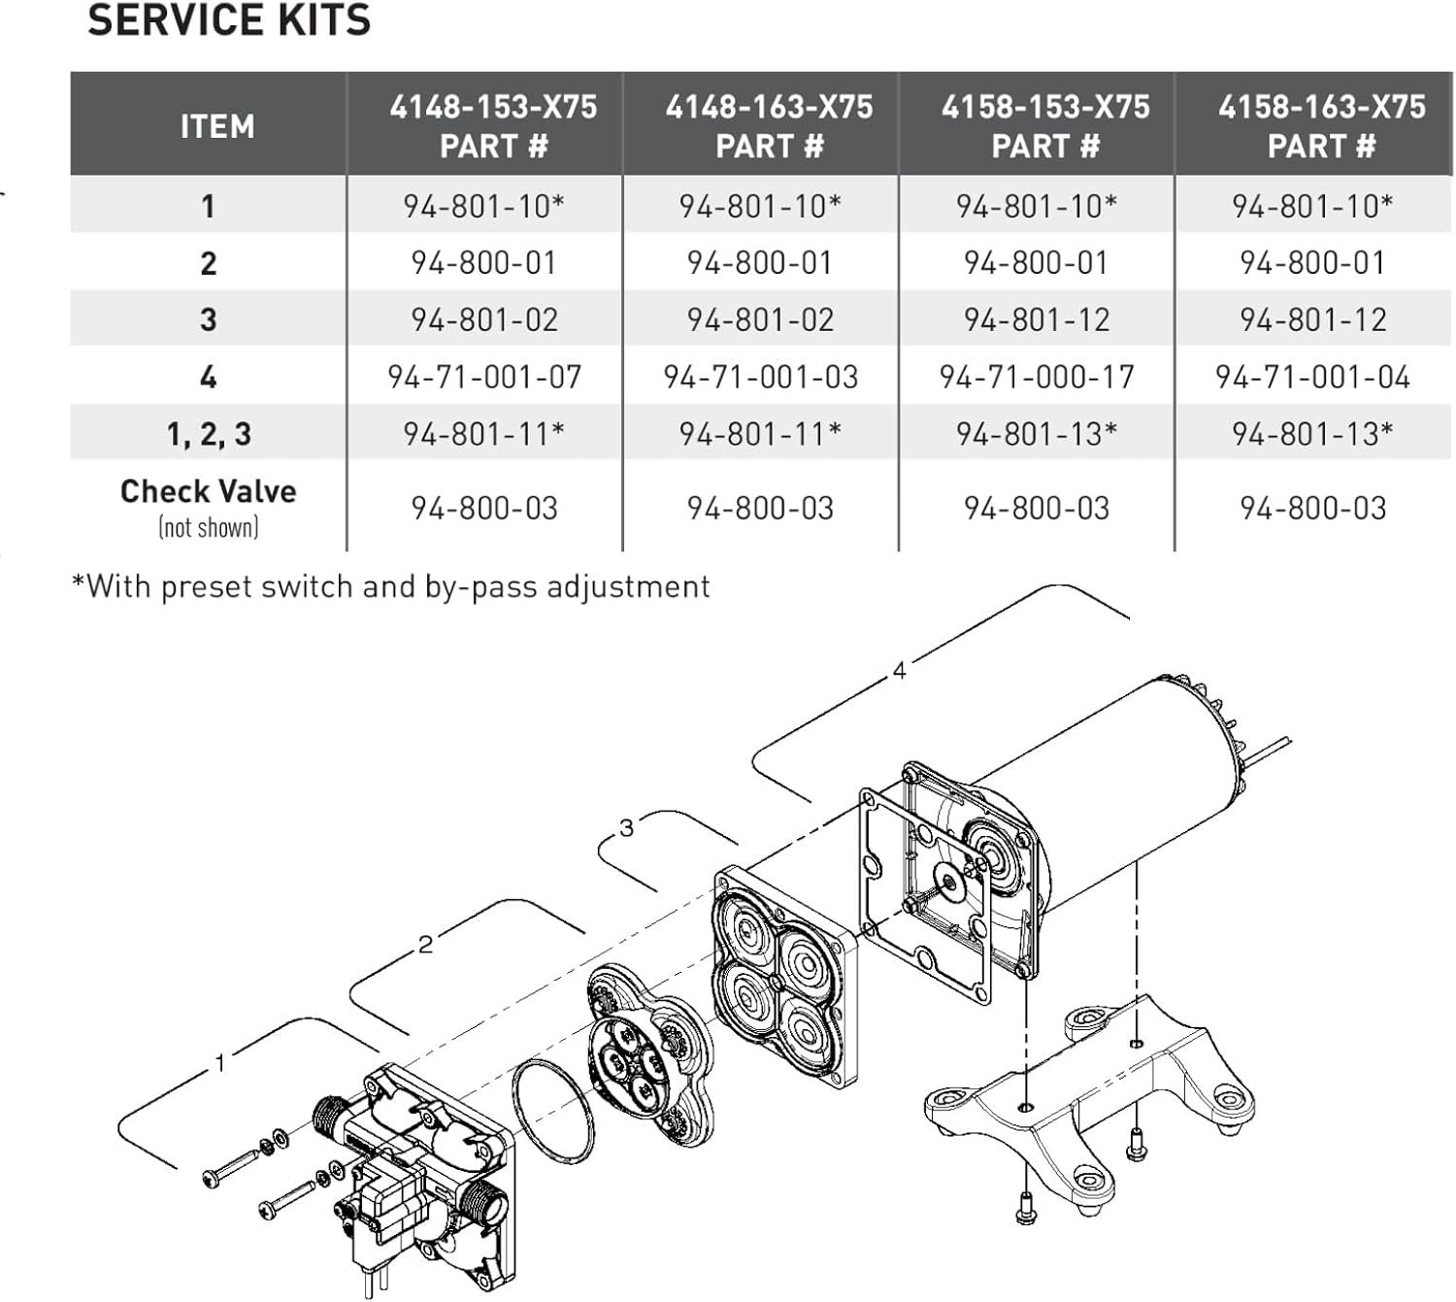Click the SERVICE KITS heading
point(228,20)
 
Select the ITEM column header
point(217,126)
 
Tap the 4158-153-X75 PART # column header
point(1045,126)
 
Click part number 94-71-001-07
point(483,377)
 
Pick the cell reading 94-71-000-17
point(1037,377)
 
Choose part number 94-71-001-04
point(1312,377)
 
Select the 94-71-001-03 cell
point(760,377)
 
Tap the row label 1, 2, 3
point(209,434)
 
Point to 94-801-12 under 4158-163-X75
point(1312,320)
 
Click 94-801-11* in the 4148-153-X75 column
point(483,434)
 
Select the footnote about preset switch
point(391,586)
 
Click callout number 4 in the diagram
point(899,671)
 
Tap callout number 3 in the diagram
point(627,828)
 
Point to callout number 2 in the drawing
point(425,944)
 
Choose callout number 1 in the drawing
point(220,1062)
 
